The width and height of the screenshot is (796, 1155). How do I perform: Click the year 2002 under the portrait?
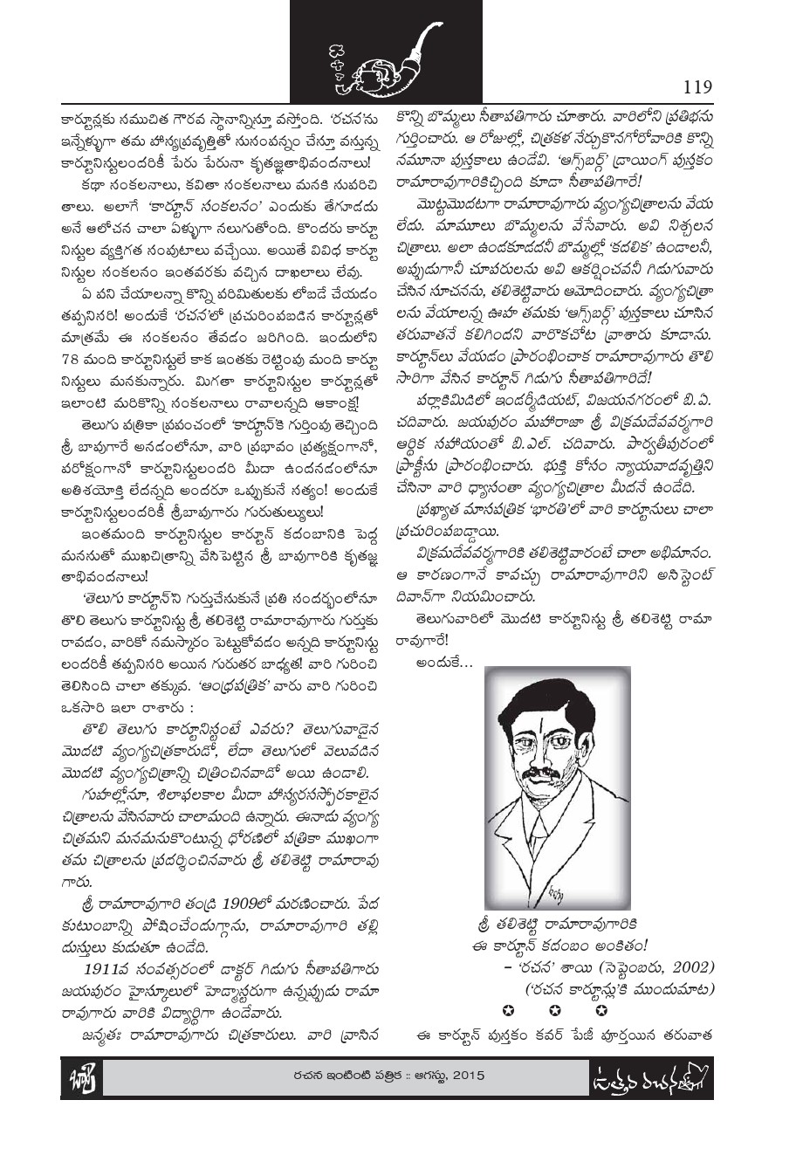point(693,967)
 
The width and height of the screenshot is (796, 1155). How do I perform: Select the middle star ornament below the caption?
point(553,1011)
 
